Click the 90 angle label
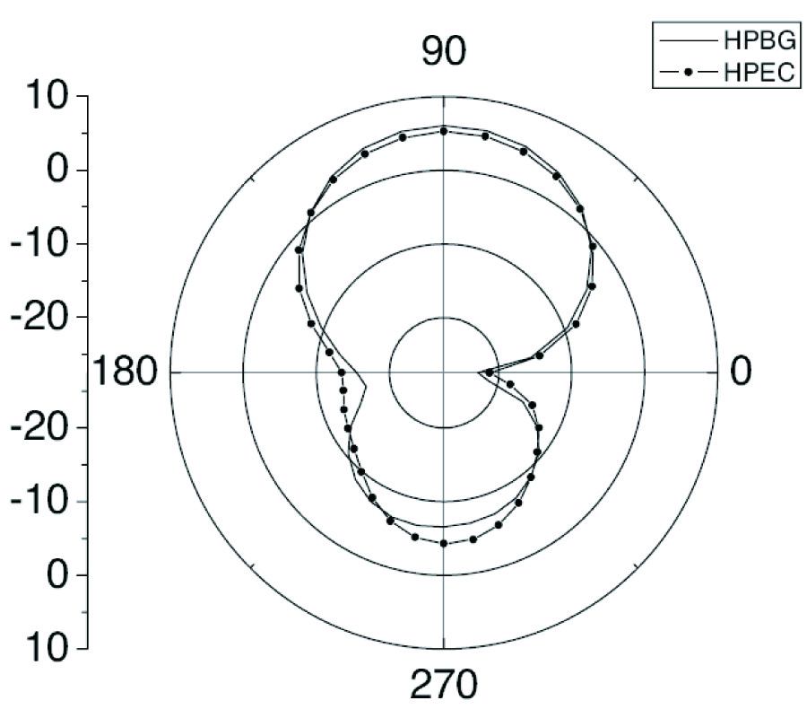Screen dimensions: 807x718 pos(444,51)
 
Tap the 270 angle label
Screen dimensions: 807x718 pos(444,686)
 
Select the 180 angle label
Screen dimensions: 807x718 pos(124,372)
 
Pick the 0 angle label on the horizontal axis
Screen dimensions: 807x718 pos(741,371)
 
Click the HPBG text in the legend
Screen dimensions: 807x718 pos(760,40)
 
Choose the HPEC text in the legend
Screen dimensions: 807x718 pos(759,73)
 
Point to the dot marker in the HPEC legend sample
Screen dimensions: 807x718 pos(688,73)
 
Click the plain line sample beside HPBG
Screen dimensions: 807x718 pos(688,40)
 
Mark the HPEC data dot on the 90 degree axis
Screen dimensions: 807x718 pos(444,131)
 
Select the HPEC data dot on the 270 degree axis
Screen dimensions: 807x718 pos(444,543)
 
